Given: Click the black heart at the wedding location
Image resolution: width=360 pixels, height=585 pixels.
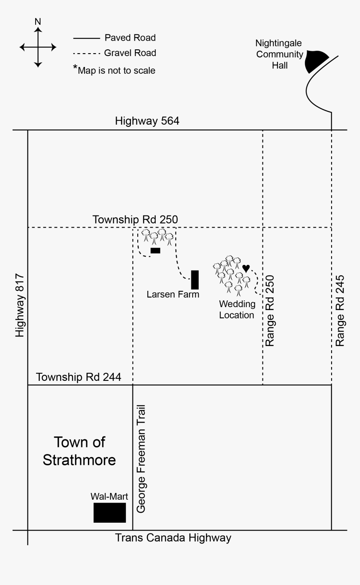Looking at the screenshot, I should click(x=246, y=268).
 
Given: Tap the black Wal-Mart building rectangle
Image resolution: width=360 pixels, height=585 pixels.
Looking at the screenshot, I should click(x=110, y=513).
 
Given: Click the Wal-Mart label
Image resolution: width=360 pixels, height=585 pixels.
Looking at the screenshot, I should click(x=109, y=497).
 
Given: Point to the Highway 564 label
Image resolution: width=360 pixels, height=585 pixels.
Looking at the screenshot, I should click(x=147, y=121).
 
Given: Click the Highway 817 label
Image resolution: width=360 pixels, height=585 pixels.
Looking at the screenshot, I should click(x=20, y=305).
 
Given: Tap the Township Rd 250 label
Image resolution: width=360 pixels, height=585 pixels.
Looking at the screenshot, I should click(x=135, y=219).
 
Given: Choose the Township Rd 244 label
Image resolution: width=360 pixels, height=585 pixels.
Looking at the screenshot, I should click(x=79, y=377).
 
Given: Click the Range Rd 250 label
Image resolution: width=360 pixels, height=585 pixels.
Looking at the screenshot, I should click(x=270, y=310).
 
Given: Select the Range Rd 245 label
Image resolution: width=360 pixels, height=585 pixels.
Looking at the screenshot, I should click(x=340, y=310).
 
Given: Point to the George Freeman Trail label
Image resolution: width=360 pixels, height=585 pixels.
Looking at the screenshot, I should click(x=141, y=459).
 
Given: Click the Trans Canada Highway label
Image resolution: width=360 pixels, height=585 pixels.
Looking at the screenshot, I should click(x=173, y=538).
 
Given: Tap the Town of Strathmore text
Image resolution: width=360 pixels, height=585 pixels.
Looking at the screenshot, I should click(x=79, y=451).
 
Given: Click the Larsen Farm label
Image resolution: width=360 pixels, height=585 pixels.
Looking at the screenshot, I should click(x=173, y=295).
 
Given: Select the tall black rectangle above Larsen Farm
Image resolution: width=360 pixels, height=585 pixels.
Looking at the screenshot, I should click(x=195, y=280).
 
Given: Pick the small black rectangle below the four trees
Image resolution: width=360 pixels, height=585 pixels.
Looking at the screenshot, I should click(x=155, y=251).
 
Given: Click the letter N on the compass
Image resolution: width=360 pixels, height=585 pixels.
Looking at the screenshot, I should click(x=38, y=21).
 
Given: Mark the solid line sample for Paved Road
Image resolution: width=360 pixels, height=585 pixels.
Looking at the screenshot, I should click(x=87, y=38).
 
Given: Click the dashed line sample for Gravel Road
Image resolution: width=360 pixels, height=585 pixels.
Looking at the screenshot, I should click(x=87, y=54).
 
